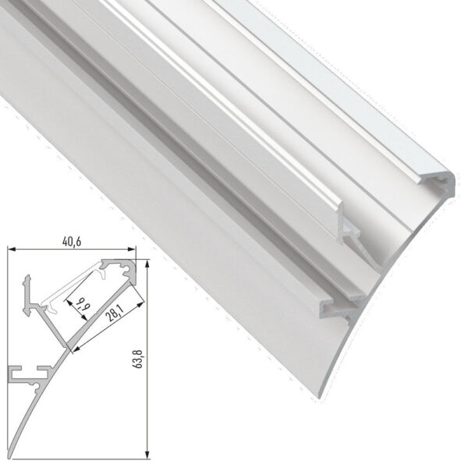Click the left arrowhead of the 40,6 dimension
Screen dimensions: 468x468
coord(11,250)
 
